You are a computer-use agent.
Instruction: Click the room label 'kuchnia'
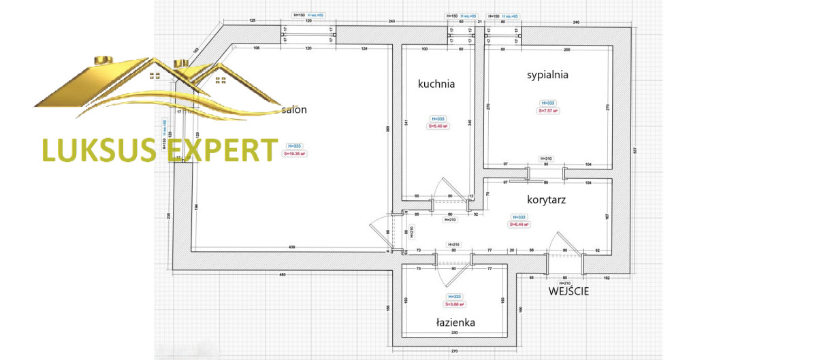click(x=436, y=84)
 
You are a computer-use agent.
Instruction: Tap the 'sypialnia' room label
click(x=547, y=75)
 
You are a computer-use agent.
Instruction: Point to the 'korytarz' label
click(x=547, y=200)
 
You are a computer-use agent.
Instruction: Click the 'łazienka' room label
click(x=455, y=323)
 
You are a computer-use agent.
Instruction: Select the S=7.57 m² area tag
click(x=548, y=110)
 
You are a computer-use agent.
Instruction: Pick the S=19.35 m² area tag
click(x=295, y=154)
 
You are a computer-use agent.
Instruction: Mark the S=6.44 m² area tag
click(x=519, y=225)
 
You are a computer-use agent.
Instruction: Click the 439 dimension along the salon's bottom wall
click(x=291, y=246)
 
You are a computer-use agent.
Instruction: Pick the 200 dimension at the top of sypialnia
click(x=566, y=50)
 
